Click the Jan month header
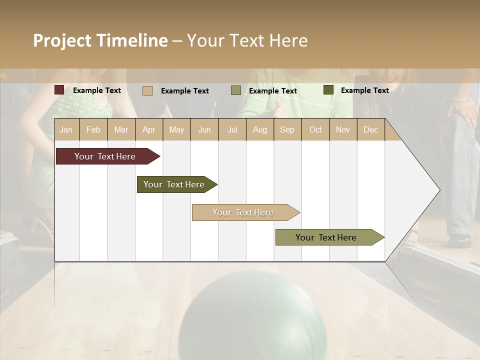(x=66, y=129)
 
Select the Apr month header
(x=149, y=129)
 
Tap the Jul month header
(x=232, y=129)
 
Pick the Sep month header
(x=287, y=129)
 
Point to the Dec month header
(x=370, y=129)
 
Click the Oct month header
(x=315, y=129)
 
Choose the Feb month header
(x=93, y=129)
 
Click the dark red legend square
(x=59, y=90)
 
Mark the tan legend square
(x=147, y=90)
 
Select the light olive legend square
(x=236, y=90)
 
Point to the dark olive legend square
(x=328, y=90)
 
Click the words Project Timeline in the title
(x=100, y=40)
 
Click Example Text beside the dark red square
(x=97, y=90)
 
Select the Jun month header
(x=204, y=129)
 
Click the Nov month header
(x=343, y=129)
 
